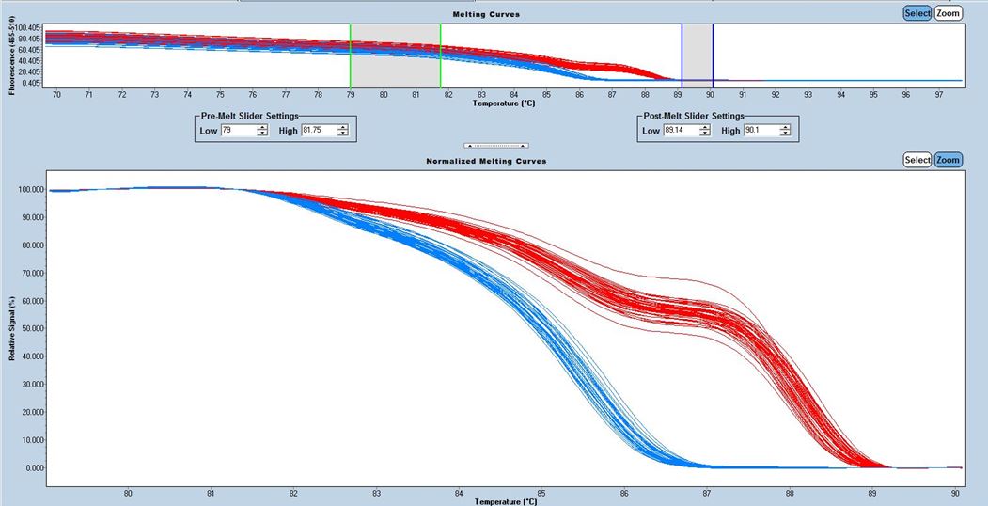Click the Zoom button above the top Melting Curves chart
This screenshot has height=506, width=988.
(x=949, y=13)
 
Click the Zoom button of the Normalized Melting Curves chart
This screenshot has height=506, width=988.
(x=949, y=160)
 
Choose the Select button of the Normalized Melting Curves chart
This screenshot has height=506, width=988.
(x=917, y=160)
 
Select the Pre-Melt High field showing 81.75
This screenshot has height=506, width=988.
(x=319, y=131)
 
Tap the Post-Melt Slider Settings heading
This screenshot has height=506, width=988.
(x=690, y=116)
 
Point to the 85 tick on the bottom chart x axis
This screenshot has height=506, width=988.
(x=541, y=492)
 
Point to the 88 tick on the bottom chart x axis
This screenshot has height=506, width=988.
(x=790, y=492)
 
